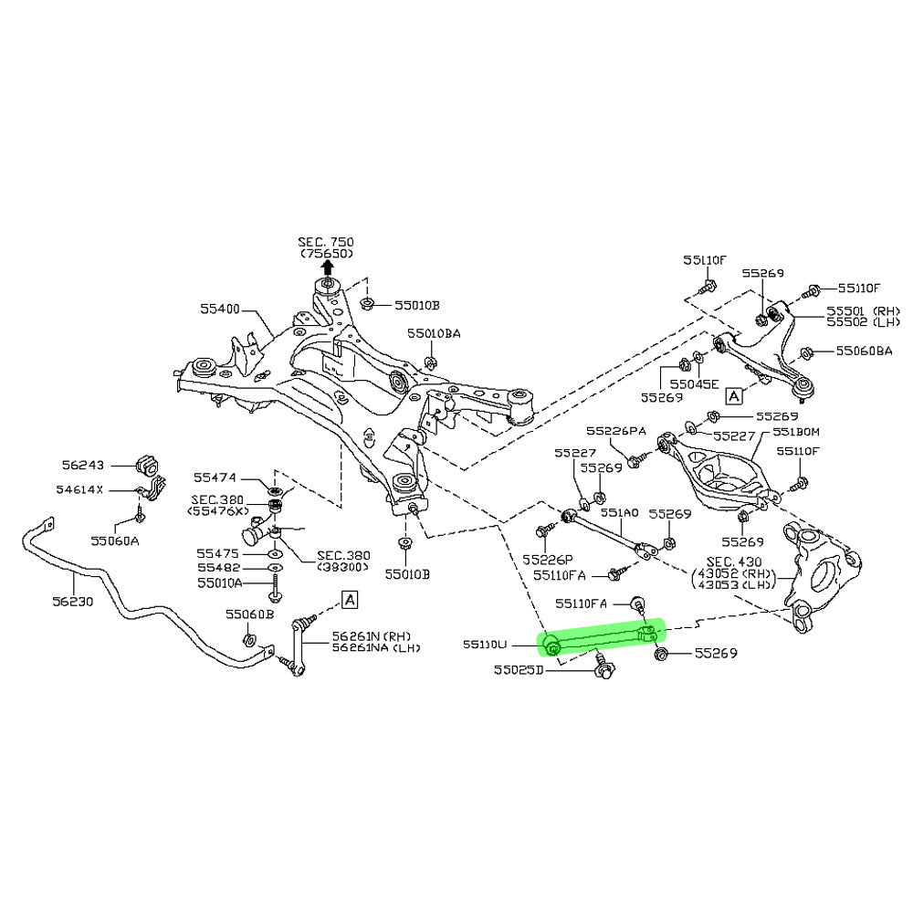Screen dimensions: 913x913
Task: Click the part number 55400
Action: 220,310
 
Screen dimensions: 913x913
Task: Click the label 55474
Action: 216,477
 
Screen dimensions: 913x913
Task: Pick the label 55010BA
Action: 434,334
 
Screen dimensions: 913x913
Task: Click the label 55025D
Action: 519,670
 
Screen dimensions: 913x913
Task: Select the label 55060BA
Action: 858,351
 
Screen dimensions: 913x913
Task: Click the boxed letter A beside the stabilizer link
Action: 350,599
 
